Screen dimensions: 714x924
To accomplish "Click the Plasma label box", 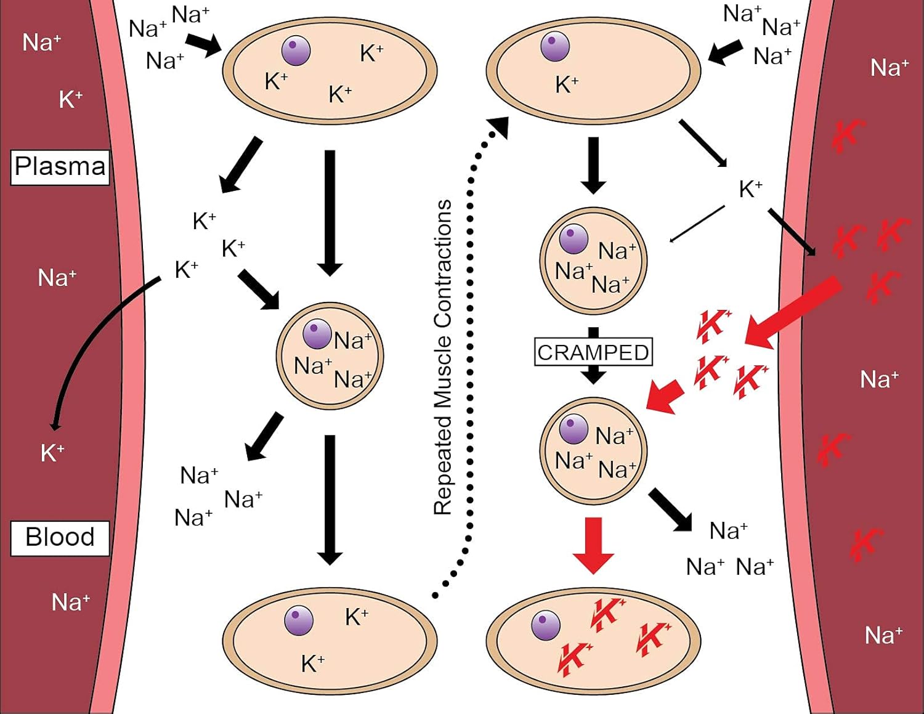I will click(x=60, y=167).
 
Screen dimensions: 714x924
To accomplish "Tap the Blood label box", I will click(x=60, y=538).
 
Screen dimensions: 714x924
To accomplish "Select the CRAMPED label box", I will click(x=593, y=352).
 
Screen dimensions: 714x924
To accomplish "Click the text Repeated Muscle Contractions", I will click(x=443, y=357).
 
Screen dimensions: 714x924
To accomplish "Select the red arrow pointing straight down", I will click(x=593, y=545).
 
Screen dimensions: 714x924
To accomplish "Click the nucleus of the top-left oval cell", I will click(x=296, y=51).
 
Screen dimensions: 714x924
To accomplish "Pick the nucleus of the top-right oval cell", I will click(x=555, y=47).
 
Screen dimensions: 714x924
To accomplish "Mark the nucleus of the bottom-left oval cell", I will click(x=299, y=620).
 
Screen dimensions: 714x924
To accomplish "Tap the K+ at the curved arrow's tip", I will click(x=52, y=453).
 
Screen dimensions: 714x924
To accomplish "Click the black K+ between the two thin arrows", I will click(x=750, y=189).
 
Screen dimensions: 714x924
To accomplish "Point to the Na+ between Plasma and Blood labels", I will click(x=57, y=278).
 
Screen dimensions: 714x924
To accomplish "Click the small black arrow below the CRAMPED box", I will click(x=593, y=374).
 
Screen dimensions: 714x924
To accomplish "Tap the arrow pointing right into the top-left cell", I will click(x=204, y=45).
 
